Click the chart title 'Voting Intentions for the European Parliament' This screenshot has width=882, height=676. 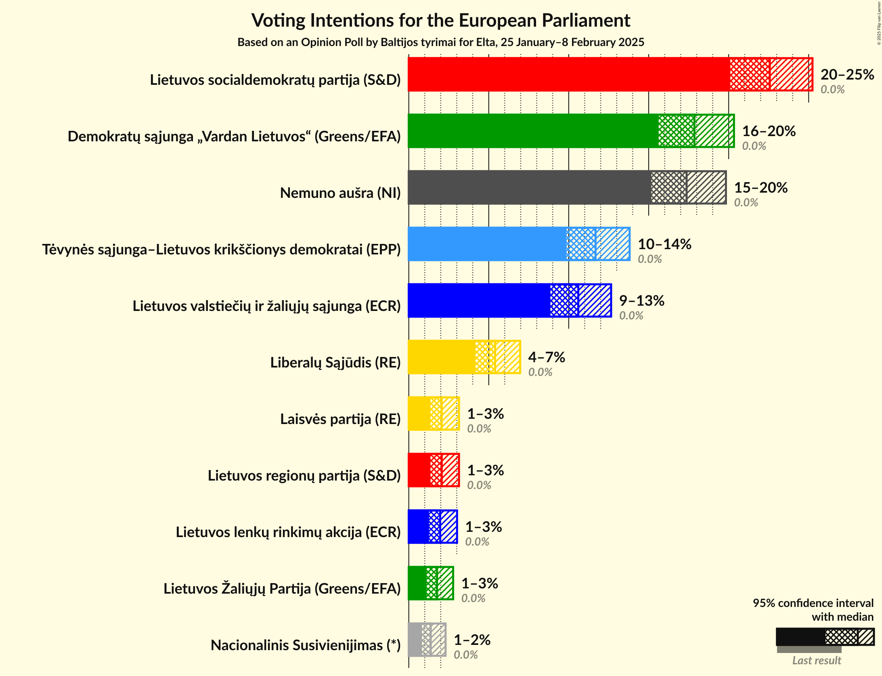pyautogui.click(x=440, y=20)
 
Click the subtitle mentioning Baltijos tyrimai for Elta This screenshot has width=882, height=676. pyautogui.click(x=440, y=42)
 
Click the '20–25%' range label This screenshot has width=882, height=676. pyautogui.click(x=847, y=75)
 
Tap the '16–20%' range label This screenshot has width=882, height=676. pyautogui.click(x=769, y=131)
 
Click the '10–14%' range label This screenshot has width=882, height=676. pyautogui.click(x=664, y=244)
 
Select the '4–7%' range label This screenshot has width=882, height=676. pyautogui.click(x=546, y=357)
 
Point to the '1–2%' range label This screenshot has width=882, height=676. pyautogui.click(x=472, y=640)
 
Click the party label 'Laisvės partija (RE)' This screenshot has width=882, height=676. pyautogui.click(x=340, y=419)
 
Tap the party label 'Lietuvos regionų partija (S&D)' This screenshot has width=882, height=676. pyautogui.click(x=304, y=476)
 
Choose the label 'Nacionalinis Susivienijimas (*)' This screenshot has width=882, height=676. pyautogui.click(x=306, y=645)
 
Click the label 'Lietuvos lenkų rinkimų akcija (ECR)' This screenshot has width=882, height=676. pyautogui.click(x=288, y=532)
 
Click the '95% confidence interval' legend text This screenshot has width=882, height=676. pyautogui.click(x=813, y=603)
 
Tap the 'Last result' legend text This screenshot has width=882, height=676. pyautogui.click(x=816, y=660)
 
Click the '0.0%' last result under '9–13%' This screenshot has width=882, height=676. pyautogui.click(x=631, y=316)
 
